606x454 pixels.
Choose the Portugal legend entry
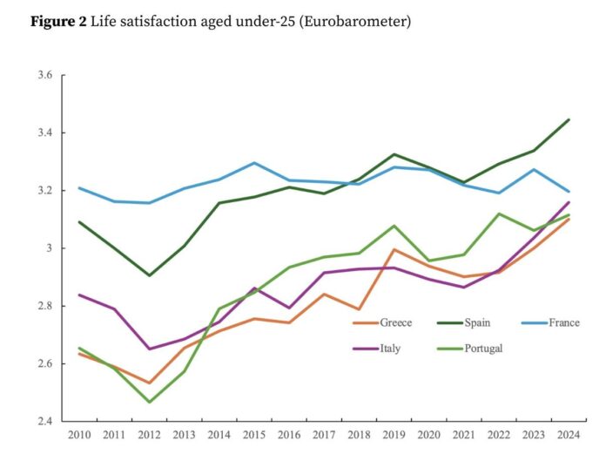click(484, 349)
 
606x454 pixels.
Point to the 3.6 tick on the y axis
click(46, 76)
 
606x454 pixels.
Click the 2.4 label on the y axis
click(46, 421)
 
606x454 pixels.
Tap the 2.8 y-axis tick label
click(46, 306)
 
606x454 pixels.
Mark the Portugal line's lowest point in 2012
click(149, 402)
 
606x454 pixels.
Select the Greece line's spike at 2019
click(394, 250)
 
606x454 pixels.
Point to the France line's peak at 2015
click(254, 163)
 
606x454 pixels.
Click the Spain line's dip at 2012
click(149, 275)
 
